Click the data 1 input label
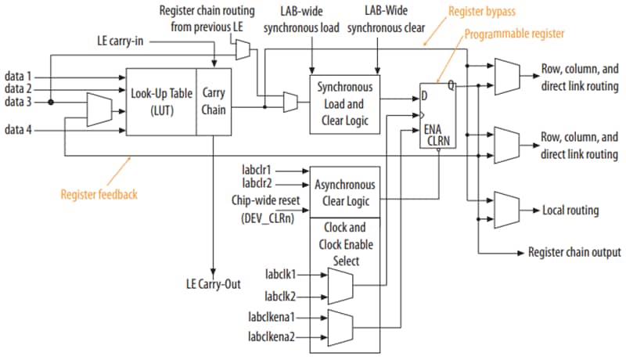pos(20,77)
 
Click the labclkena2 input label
pos(273,338)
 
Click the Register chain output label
pos(574,252)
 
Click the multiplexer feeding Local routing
pos(505,210)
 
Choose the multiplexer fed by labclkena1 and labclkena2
pos(340,327)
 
